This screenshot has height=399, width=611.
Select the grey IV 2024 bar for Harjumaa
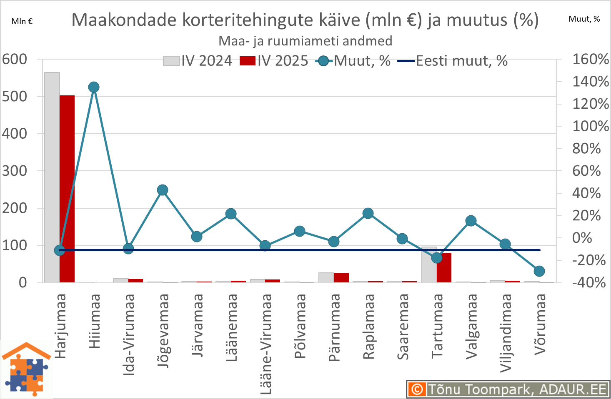52,177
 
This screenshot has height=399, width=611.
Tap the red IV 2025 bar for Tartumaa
444,268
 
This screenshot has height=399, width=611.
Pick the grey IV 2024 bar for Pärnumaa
326,277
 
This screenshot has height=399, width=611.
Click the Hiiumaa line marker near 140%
94,87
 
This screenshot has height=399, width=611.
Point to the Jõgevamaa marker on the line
163,190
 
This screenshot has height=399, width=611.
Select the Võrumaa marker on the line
539,271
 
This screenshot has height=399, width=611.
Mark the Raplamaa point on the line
368,214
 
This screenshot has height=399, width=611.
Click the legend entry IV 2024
198,61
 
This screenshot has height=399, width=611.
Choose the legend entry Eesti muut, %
453,61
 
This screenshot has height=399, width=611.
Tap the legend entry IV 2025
274,61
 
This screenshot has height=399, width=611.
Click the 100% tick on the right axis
591,126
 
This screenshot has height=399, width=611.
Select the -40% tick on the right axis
589,282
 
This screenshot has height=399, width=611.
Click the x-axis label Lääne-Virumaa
265,344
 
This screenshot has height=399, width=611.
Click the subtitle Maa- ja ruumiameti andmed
305,41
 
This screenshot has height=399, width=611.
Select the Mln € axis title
22,21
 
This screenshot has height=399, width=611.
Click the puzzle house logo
27,369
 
